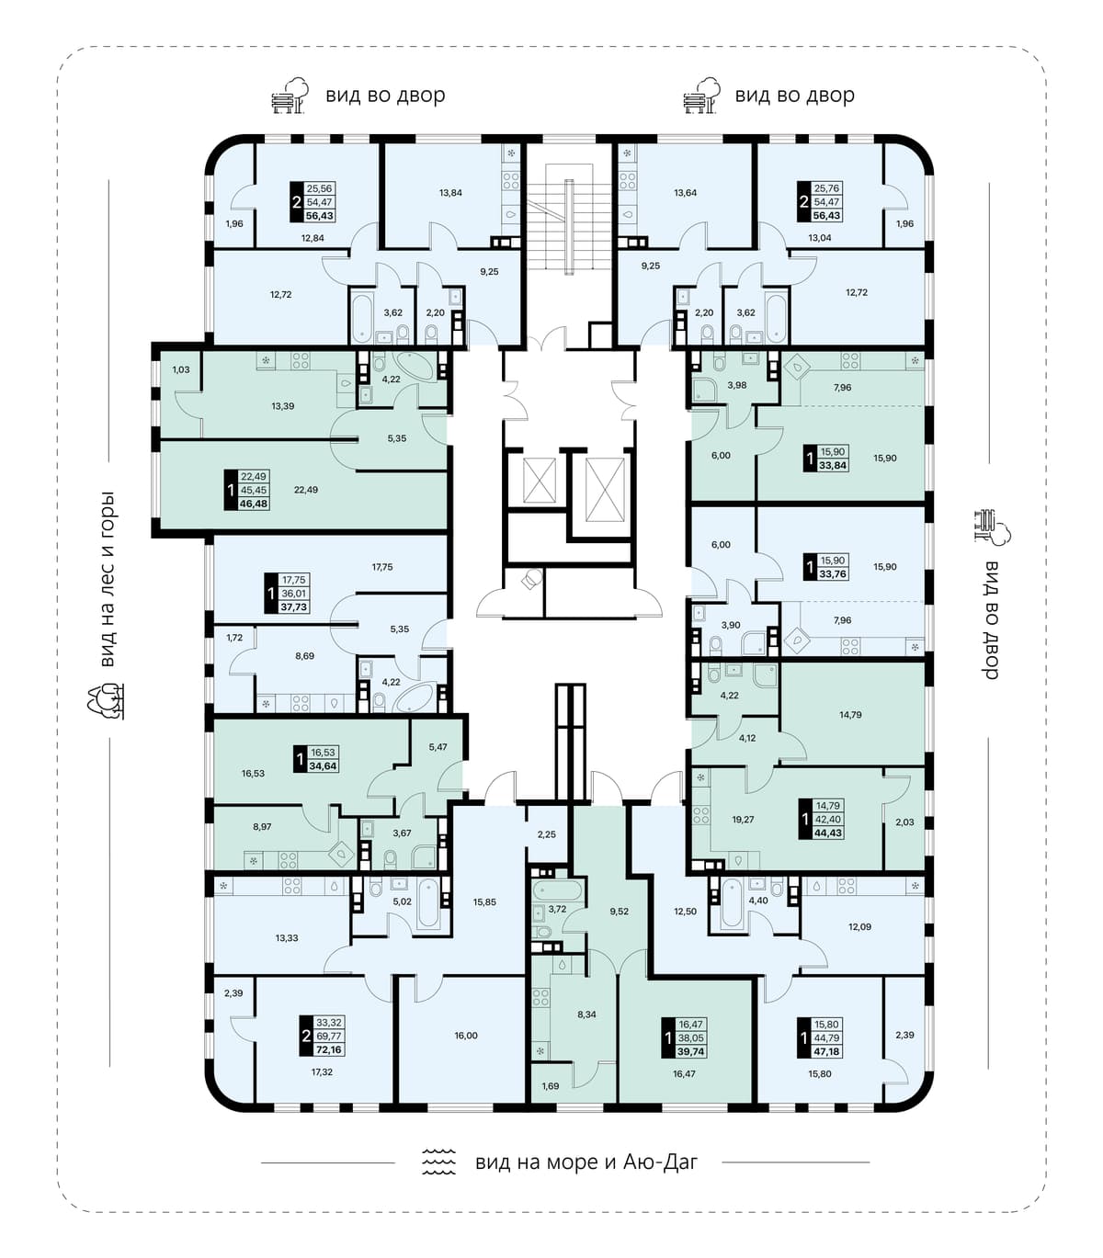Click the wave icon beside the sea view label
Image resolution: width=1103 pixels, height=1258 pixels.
[x=439, y=1162]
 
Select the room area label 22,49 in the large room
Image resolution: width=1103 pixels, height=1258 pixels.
[x=306, y=490]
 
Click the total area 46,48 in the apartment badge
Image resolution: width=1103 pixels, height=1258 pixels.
[x=254, y=504]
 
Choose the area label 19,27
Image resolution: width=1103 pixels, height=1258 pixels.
[x=743, y=820]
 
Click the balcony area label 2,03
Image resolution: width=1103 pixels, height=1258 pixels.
[x=904, y=822]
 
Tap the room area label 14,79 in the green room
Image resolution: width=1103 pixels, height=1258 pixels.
[x=850, y=715]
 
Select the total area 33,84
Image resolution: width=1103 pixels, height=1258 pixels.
[x=833, y=465]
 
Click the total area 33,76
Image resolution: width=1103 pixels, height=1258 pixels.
[x=833, y=573]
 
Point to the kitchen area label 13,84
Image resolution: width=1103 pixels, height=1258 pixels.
[x=451, y=192]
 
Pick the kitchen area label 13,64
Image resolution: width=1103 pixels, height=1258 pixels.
[x=685, y=192]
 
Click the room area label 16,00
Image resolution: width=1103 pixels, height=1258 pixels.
[x=466, y=1036]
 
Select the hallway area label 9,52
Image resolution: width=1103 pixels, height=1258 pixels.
[x=620, y=912]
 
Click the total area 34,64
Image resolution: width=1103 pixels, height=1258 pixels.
[x=323, y=765]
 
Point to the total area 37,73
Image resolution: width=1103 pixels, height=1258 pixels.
[x=293, y=607]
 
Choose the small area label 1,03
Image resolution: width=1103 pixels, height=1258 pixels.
[x=181, y=370]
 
